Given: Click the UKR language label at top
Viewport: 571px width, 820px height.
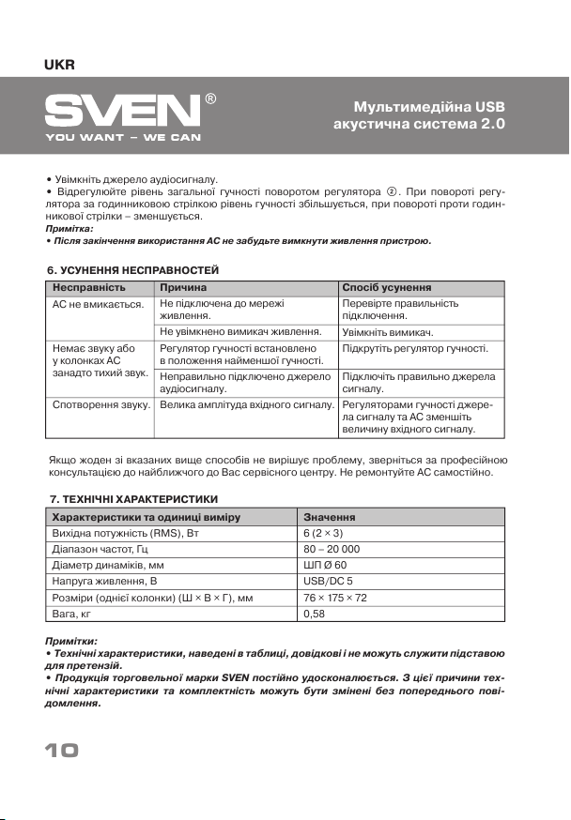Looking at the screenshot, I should click(x=59, y=65).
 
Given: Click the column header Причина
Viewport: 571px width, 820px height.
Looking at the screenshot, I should click(x=183, y=288).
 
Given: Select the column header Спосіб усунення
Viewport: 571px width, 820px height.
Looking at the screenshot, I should click(x=387, y=288).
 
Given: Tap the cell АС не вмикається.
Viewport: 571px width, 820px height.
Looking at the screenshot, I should click(x=97, y=304).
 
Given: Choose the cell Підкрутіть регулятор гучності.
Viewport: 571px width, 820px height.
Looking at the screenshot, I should click(x=415, y=348).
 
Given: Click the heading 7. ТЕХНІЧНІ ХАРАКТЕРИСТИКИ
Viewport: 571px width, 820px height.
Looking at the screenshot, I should click(x=133, y=499).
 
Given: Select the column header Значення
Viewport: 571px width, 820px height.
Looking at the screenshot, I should click(x=329, y=517).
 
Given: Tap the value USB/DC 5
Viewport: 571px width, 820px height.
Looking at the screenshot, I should click(x=328, y=582).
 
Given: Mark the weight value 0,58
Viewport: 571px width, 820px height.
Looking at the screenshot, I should click(x=315, y=615).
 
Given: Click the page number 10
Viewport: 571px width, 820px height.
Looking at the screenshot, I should click(x=60, y=751).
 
